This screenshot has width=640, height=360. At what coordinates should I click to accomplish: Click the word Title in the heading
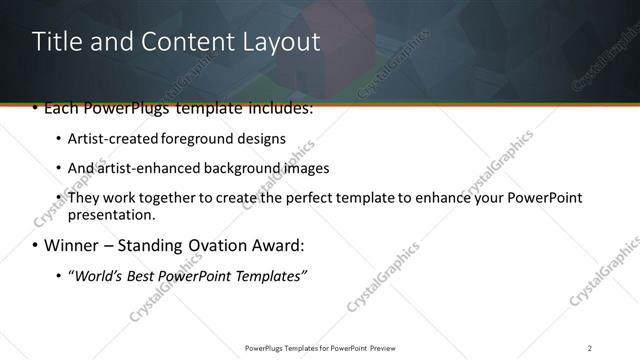tap(55, 42)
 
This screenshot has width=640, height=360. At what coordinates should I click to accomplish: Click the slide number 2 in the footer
tap(590, 347)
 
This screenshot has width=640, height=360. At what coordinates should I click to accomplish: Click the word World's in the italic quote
tap(98, 275)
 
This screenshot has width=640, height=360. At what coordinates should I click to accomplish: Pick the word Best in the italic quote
tap(142, 275)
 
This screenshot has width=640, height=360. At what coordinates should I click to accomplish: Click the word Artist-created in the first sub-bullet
tap(107, 138)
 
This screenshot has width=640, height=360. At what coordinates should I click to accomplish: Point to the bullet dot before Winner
tap(37, 245)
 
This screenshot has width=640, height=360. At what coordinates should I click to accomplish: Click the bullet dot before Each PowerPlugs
tap(37, 108)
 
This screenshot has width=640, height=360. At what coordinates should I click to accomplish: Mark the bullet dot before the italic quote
tap(59, 276)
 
